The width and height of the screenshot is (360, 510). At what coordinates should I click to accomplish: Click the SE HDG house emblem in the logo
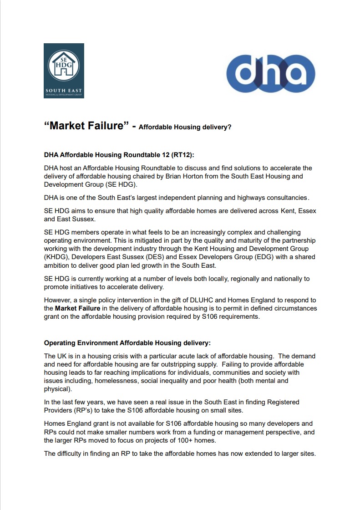64,65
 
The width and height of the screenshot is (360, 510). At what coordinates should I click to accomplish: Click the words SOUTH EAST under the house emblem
64,91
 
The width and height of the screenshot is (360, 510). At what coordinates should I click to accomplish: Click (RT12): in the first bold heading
182,155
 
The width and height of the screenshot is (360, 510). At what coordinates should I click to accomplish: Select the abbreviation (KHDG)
57,257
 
